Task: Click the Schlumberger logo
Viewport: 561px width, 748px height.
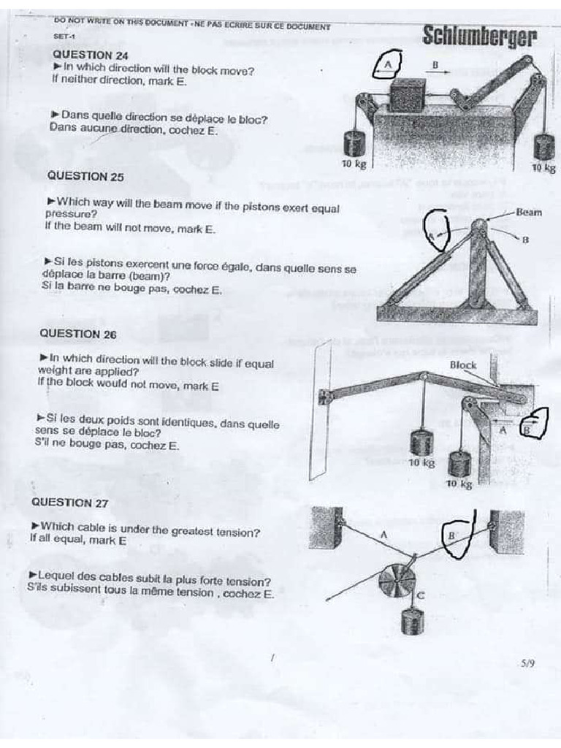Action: point(479,37)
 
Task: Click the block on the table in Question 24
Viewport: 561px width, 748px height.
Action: point(408,96)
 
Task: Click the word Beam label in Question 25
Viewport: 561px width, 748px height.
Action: point(529,213)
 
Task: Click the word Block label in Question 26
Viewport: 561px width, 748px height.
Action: point(463,365)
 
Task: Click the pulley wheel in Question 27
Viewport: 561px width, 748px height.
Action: point(397,581)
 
